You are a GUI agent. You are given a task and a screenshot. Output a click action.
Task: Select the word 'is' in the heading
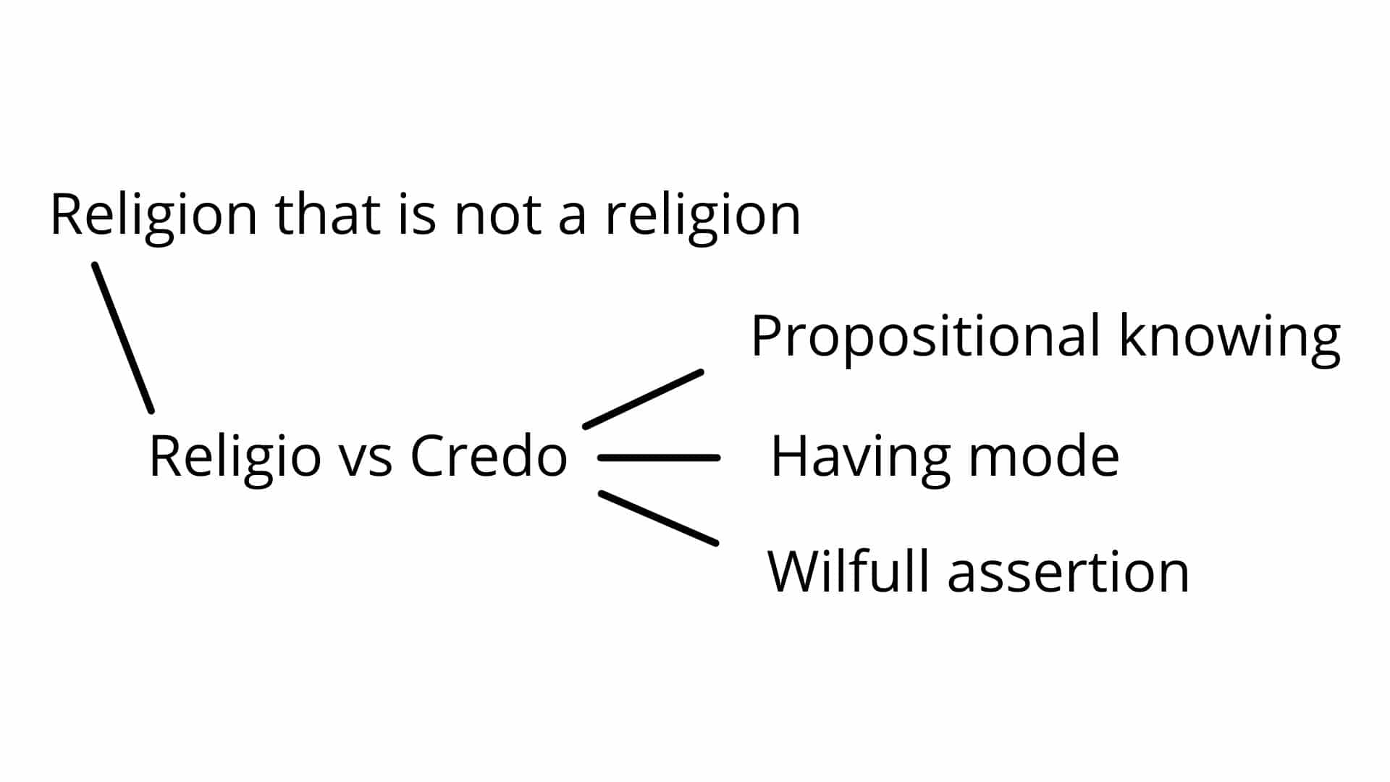(x=417, y=215)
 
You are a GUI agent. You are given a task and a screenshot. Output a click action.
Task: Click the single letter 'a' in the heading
(x=572, y=220)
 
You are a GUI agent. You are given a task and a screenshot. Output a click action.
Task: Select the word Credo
(x=489, y=456)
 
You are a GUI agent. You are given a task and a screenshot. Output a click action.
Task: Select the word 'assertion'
(x=1068, y=574)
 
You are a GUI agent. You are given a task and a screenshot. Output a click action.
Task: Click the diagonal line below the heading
(x=122, y=338)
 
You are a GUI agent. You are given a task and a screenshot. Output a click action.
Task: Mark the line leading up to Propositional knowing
(x=643, y=399)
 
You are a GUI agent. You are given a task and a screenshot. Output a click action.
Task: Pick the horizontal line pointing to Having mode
(x=659, y=458)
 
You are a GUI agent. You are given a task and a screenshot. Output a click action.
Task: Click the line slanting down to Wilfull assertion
(x=658, y=518)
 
